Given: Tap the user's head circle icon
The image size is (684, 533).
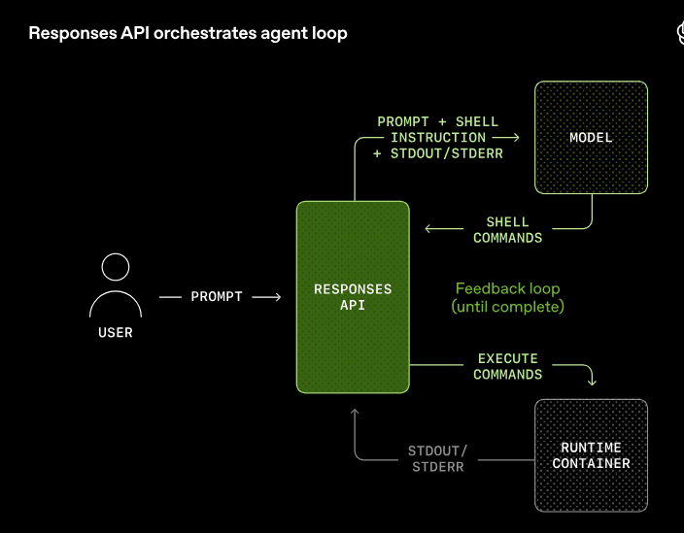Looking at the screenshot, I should [116, 268].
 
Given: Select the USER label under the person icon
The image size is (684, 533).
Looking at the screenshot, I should [116, 333].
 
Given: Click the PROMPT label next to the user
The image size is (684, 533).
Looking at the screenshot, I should [217, 296].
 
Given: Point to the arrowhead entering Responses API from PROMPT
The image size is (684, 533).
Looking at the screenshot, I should [277, 296].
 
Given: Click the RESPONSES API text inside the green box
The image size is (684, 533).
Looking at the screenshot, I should [353, 296].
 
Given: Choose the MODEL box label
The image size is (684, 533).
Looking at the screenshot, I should [591, 138].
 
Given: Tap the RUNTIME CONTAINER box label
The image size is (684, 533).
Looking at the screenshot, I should [591, 455].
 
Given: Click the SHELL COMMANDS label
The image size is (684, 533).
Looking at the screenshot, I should [508, 230].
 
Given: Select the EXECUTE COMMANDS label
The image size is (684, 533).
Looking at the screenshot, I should [508, 366].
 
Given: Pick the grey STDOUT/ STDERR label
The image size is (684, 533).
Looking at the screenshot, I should [436, 458].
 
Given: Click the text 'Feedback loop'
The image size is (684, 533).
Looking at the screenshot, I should [507, 288].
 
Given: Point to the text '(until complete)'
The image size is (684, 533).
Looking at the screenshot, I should [507, 307].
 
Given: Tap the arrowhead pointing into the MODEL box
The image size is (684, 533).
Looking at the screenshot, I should [518, 137].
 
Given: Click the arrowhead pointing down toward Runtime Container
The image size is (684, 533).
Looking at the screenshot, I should [592, 382].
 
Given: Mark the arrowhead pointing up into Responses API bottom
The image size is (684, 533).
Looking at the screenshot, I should [355, 413].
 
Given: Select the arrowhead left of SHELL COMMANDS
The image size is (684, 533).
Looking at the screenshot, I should [429, 230].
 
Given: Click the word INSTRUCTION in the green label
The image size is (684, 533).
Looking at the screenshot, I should [438, 138].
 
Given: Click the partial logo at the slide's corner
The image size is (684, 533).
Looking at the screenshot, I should [679, 35].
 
